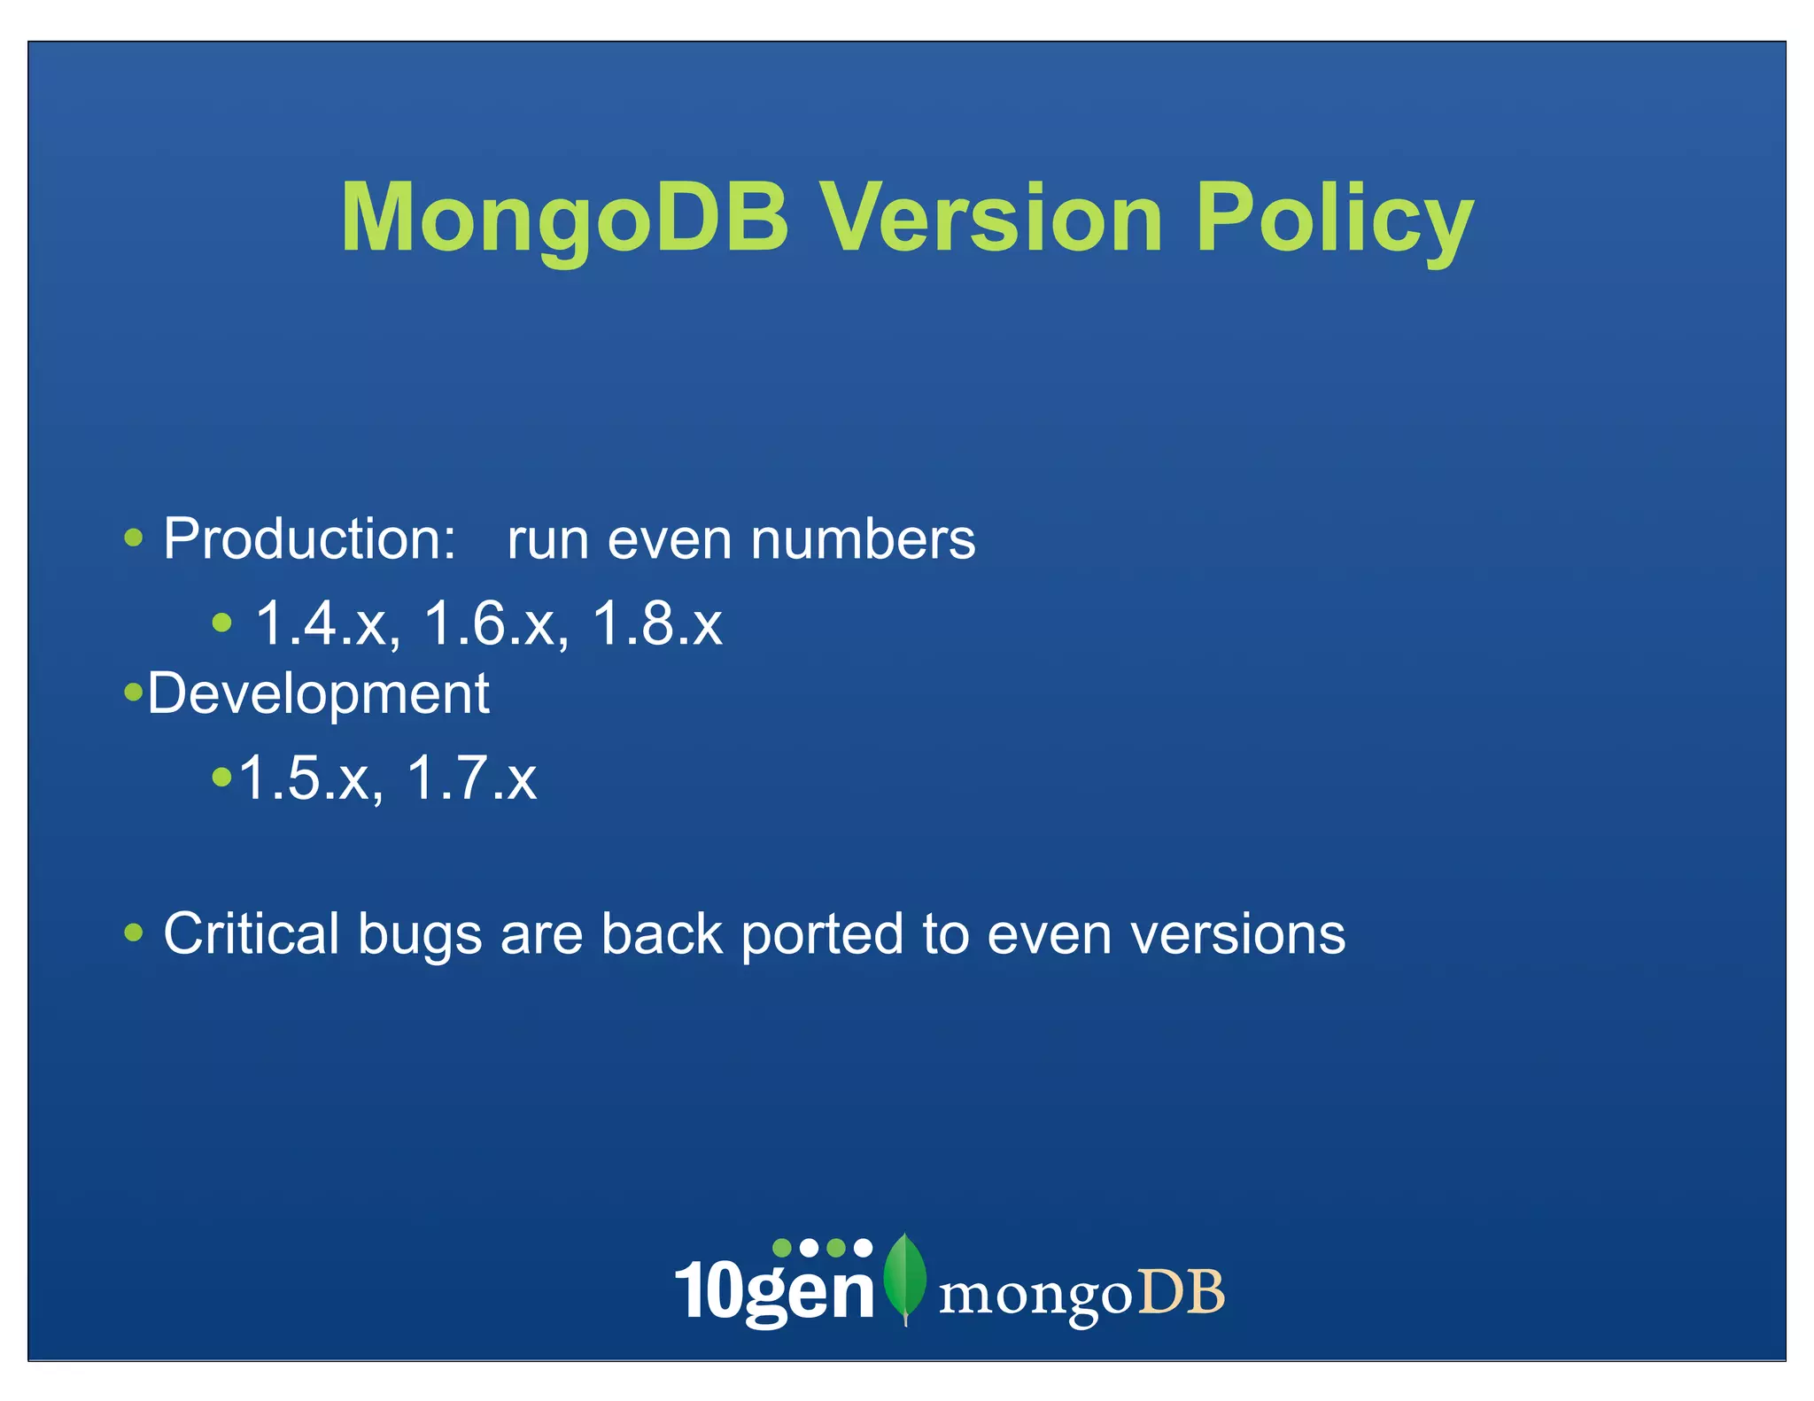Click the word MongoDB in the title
564,218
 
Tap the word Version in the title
990,218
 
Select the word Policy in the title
1334,218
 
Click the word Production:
309,538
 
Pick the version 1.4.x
327,623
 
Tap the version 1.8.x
656,623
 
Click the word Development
317,693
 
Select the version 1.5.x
311,778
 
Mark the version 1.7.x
471,778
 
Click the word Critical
252,933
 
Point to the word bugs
420,935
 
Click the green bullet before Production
134,537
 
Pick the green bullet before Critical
134,932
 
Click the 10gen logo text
774,1291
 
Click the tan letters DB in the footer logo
1181,1292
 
